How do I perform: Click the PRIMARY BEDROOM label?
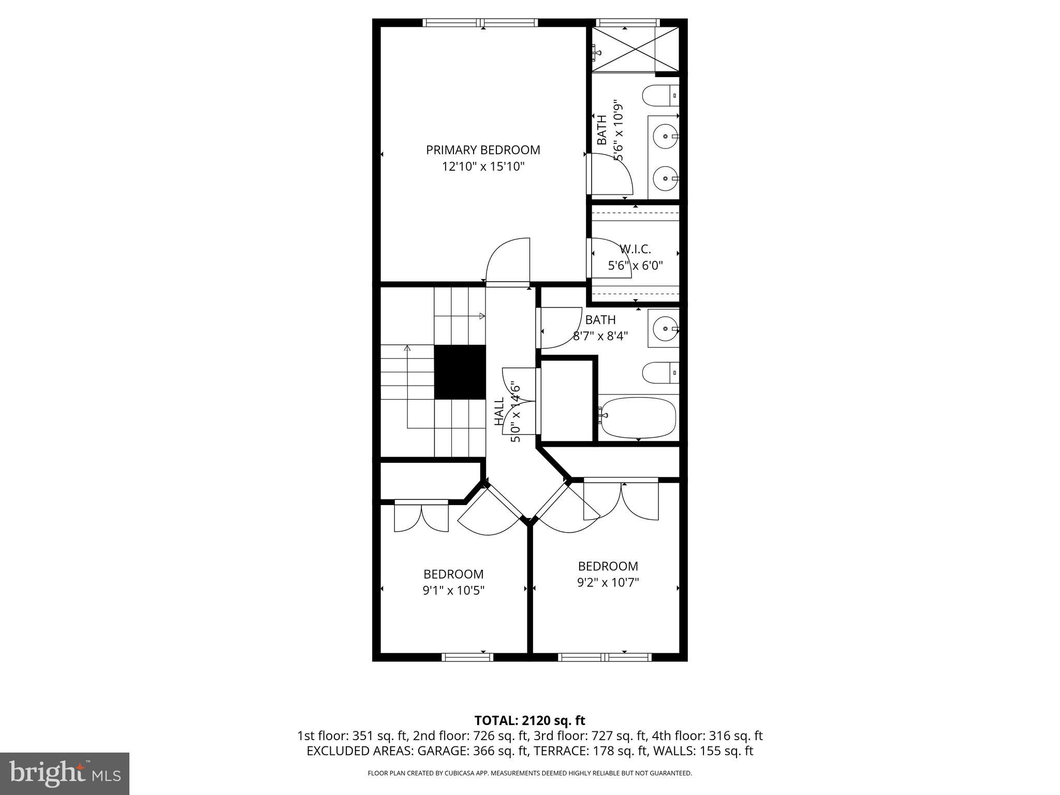482,150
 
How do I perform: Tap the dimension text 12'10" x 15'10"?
483,167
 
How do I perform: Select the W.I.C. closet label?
635,249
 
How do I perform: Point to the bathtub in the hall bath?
638,417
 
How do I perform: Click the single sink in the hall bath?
663,328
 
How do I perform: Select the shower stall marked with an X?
635,49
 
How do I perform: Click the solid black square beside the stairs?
460,372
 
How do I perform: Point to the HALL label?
499,411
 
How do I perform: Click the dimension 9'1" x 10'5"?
453,591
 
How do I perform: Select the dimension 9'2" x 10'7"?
608,582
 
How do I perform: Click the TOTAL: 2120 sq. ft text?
529,720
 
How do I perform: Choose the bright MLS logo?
64,773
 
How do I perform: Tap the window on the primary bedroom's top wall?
481,22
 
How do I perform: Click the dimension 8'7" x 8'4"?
600,336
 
